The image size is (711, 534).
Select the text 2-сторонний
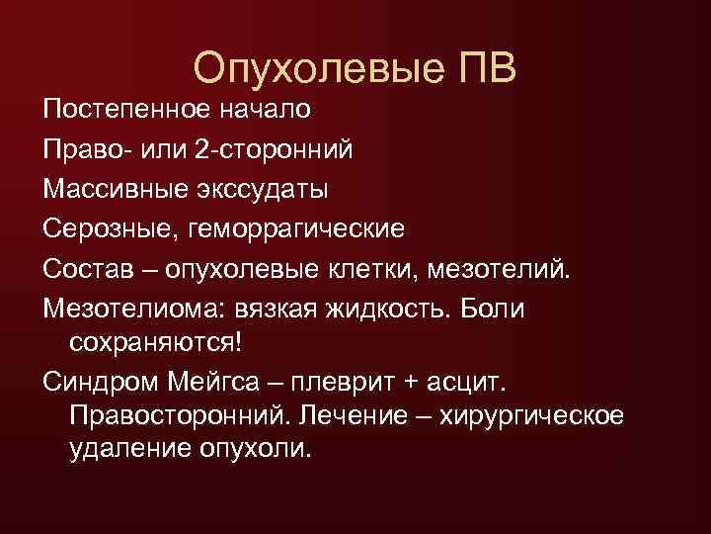(x=286, y=149)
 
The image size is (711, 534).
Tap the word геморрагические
(x=294, y=229)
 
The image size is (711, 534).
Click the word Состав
(x=86, y=269)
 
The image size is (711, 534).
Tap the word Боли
(x=498, y=309)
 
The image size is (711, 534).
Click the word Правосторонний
(x=178, y=413)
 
